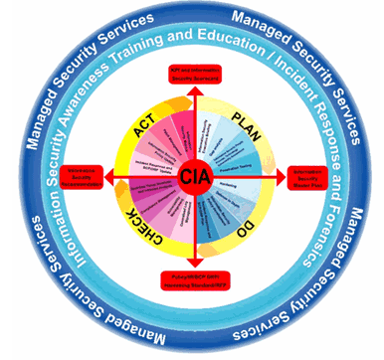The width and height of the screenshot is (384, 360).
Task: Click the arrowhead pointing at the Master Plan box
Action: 286,179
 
